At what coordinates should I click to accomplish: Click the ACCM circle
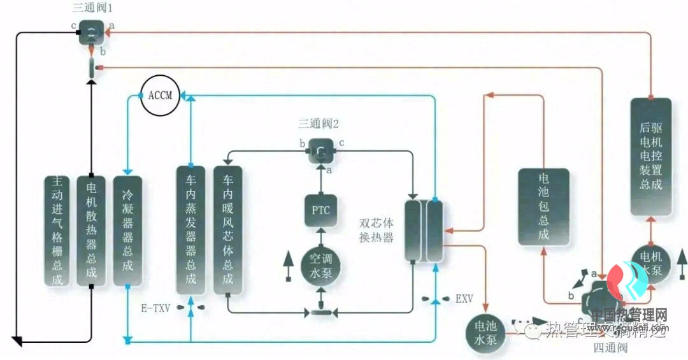tap(160, 96)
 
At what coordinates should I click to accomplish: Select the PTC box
tap(320, 210)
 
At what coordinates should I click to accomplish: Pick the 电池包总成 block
tap(543, 206)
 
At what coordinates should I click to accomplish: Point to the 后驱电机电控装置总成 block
tap(650, 156)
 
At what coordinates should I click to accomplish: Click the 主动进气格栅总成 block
tap(58, 230)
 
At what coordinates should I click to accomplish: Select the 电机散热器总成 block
tap(92, 230)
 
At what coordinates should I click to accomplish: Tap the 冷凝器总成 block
tap(127, 230)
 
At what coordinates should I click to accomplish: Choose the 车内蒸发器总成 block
tap(191, 230)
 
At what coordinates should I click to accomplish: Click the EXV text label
tap(464, 298)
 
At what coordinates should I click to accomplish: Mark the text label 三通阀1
tap(93, 8)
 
